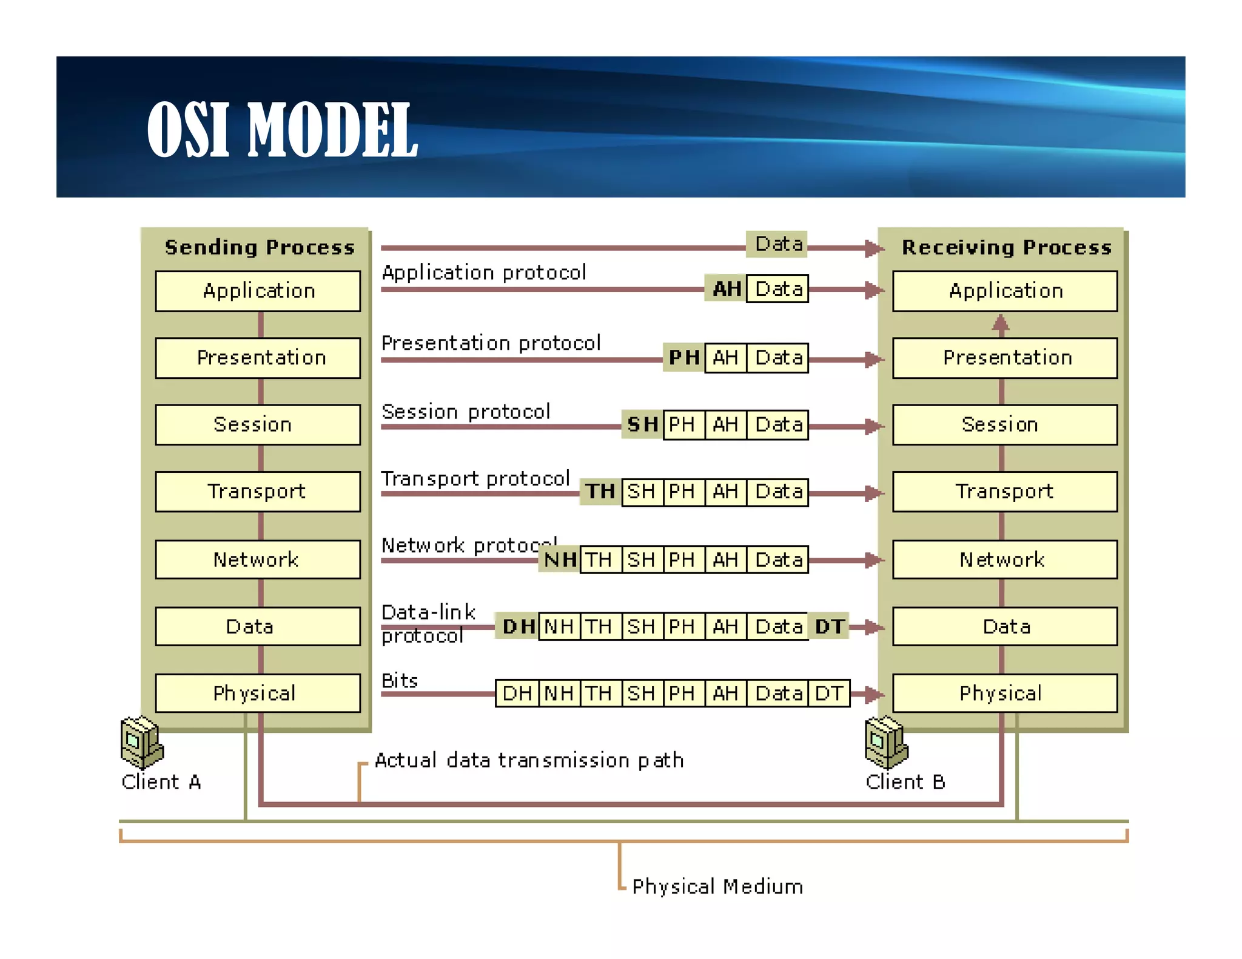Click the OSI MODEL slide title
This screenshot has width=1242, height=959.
pos(282,129)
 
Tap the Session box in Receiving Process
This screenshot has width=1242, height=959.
pos(1004,424)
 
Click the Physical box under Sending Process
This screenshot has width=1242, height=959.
pos(258,693)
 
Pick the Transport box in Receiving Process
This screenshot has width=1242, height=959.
pos(1004,491)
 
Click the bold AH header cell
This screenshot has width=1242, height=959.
pos(726,289)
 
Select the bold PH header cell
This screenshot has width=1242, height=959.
pos(683,358)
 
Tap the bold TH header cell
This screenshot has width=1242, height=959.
pos(600,491)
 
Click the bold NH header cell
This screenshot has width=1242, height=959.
pos(559,559)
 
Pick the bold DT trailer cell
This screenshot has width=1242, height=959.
pos(828,626)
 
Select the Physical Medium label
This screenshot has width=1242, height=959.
pos(717,886)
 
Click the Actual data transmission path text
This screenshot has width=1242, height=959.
pos(529,760)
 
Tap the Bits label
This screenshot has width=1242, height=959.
pos(400,681)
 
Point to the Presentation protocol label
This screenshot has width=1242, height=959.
pos(491,343)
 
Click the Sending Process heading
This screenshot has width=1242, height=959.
pos(260,247)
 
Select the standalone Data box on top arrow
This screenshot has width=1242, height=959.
pos(777,244)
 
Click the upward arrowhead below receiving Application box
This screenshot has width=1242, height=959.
pos(1001,322)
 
